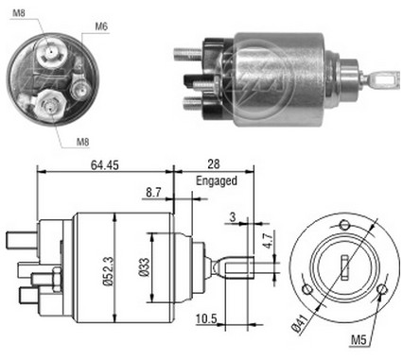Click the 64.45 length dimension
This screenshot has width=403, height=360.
[105, 164]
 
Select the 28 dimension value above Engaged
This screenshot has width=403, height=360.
[214, 163]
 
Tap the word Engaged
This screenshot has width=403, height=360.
[217, 181]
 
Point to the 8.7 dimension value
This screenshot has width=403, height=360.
[153, 192]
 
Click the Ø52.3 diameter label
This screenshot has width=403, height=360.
[108, 270]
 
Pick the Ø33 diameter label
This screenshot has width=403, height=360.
[144, 267]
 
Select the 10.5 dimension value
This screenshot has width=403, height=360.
[206, 319]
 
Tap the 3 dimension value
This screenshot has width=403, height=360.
[233, 217]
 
